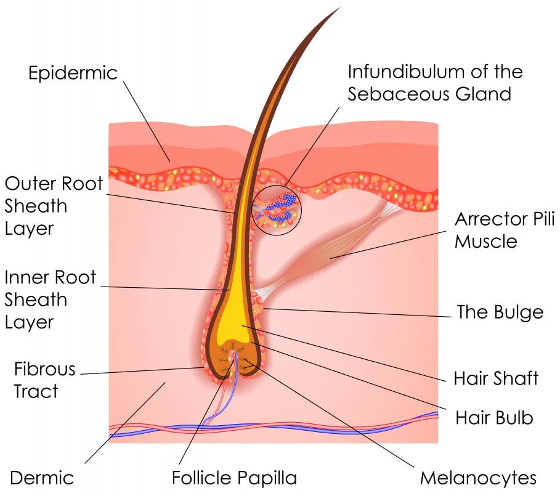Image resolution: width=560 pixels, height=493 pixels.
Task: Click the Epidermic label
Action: pos(73,73)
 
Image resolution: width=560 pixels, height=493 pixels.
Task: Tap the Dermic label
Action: pos(42,478)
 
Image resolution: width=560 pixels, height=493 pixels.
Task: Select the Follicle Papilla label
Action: pos(234,478)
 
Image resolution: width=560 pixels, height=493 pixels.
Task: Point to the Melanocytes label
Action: pos(478,478)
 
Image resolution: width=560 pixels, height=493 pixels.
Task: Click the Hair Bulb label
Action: pos(494,418)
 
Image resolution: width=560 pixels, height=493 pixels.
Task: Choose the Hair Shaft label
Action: pos(496,378)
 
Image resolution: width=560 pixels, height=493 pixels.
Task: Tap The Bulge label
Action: pos(500,312)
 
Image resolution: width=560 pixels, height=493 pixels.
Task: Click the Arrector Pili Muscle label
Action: pos(505,230)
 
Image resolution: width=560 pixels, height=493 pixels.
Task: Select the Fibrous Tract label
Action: pos(44,380)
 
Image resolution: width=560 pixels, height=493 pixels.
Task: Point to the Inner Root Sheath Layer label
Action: pos(50,299)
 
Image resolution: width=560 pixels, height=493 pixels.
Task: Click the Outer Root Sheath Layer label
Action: pos(54,206)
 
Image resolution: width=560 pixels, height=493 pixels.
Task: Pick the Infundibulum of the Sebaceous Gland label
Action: pos(436,83)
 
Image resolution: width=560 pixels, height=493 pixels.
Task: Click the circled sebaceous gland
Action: pos(277,210)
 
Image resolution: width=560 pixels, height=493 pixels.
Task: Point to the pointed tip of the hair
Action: pos(340,7)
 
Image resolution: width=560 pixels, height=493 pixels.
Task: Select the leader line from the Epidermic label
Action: pos(147,121)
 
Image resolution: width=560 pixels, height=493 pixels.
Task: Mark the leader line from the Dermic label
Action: pos(125,423)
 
